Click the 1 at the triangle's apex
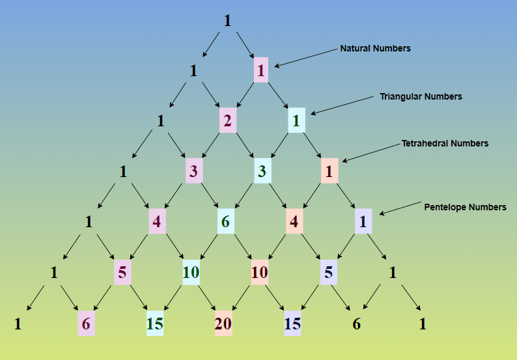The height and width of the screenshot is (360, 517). click(227, 21)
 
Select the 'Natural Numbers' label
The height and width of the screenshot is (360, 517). click(375, 48)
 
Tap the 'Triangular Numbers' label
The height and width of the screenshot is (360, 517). click(421, 96)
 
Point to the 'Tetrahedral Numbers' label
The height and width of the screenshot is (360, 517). click(445, 143)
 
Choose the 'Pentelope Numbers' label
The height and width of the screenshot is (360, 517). click(465, 207)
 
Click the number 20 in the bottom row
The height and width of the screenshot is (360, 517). click(223, 324)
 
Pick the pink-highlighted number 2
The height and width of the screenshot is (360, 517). click(227, 121)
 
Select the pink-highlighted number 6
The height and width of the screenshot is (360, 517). click(86, 324)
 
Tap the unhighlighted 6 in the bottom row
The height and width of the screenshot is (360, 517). click(356, 324)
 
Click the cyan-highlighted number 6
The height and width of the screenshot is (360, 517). click(225, 222)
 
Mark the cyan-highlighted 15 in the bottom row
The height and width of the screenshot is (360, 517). click(155, 324)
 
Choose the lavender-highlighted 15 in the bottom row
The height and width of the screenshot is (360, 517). click(292, 324)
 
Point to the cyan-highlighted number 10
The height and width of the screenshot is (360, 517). click(191, 273)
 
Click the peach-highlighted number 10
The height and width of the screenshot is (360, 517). click(259, 273)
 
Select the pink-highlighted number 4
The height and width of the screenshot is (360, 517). click(157, 222)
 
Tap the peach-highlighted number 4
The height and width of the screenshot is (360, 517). click(294, 222)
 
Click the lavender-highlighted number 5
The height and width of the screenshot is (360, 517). click(329, 273)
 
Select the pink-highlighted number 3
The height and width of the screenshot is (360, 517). click(193, 171)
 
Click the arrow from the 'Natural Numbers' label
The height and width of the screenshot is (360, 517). click(306, 58)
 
